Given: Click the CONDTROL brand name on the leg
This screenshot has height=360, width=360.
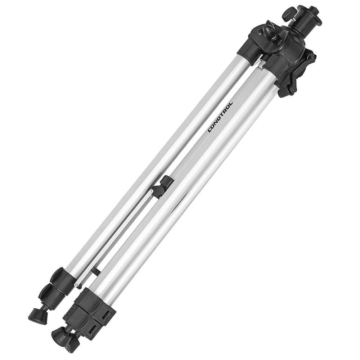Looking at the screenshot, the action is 220,117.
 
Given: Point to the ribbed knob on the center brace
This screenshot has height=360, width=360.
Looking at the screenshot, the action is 167,181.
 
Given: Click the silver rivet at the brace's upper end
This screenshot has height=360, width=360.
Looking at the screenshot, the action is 151,191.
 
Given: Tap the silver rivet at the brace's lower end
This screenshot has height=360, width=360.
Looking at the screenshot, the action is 76,284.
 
